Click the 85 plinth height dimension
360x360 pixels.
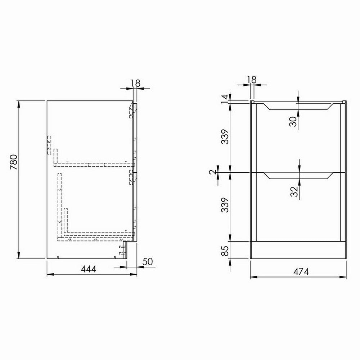224,249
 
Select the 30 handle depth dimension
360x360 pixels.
293,121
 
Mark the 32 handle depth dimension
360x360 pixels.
293,191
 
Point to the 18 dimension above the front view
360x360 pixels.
253,80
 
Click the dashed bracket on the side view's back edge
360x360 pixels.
49,145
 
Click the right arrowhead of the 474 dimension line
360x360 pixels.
345,277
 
